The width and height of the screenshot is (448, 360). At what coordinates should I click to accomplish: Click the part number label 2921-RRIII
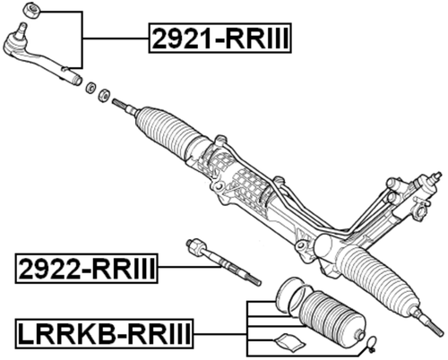[x=220, y=39]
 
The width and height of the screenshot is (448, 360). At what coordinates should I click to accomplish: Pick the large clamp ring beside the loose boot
[x=289, y=296]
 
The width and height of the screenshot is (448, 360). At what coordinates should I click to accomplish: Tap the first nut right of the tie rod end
[x=89, y=88]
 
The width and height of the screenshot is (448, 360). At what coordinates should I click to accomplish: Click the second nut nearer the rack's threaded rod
[x=105, y=95]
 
